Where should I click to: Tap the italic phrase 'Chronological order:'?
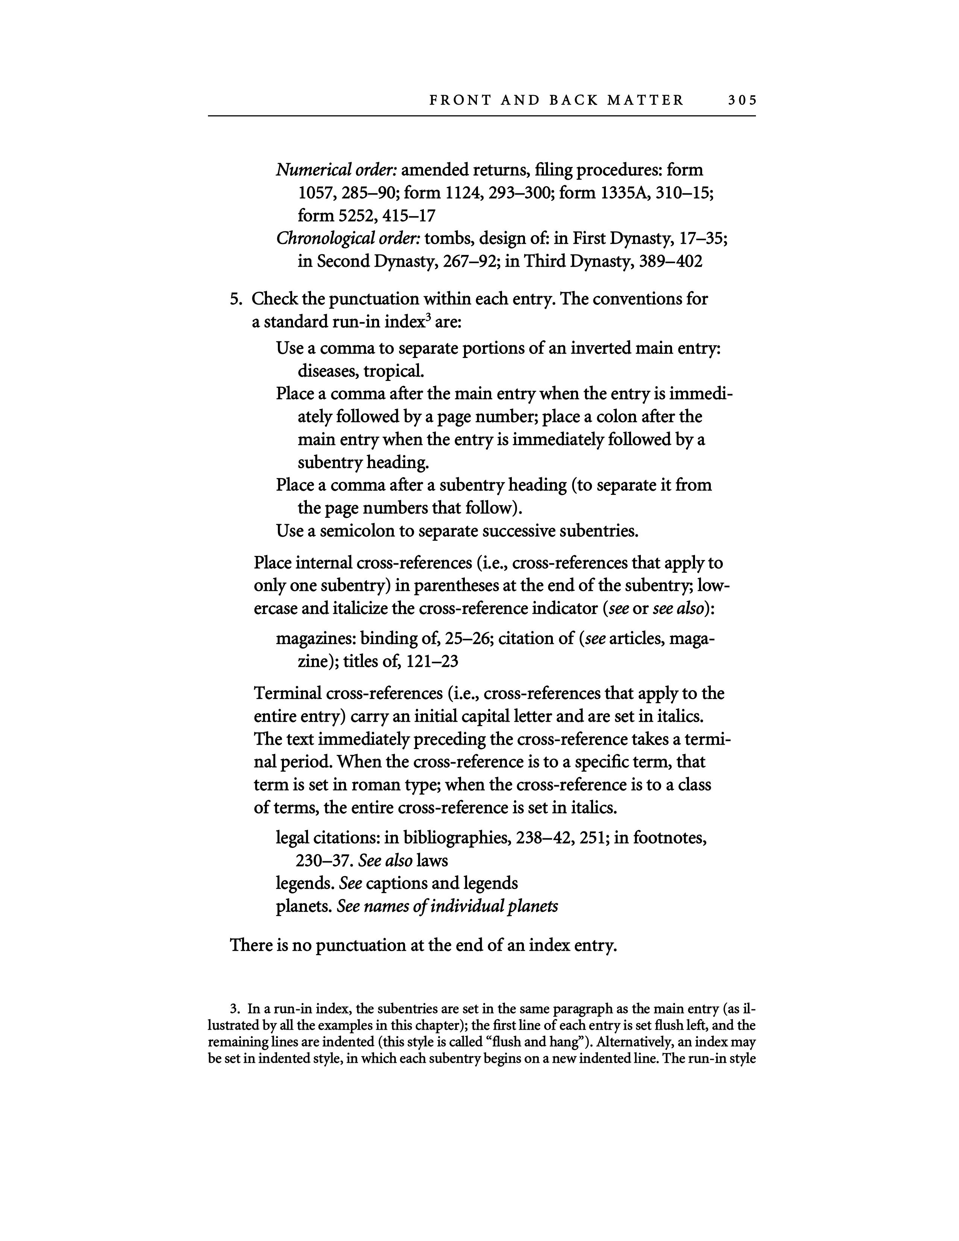tap(348, 238)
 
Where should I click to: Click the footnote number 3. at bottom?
tap(234, 1009)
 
